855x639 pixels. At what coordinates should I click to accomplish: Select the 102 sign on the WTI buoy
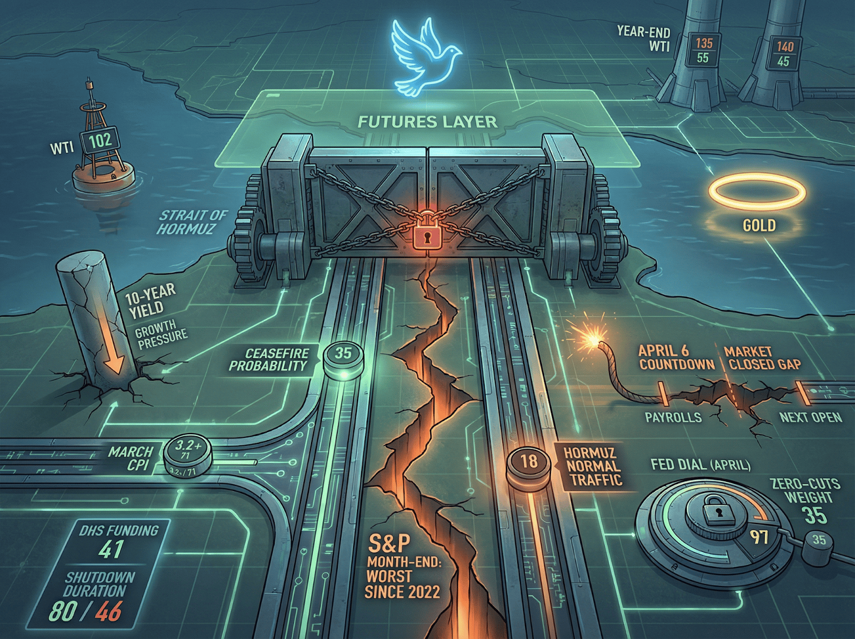coord(100,141)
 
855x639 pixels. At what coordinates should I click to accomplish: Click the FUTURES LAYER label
coord(427,122)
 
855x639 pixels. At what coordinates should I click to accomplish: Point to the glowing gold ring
coord(756,193)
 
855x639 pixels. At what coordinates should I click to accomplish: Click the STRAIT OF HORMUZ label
coord(192,222)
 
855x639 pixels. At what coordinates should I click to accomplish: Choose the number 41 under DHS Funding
coord(111,550)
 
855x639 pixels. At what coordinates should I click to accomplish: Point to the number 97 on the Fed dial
coord(759,536)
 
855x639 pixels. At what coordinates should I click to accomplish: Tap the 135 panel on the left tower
coord(704,43)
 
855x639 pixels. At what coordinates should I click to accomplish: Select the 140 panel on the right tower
coord(784,47)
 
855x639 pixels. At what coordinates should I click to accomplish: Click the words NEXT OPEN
coord(810,417)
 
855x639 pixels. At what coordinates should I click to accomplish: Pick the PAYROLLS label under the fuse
coord(673,417)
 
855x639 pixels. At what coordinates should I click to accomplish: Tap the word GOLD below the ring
coord(759,225)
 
